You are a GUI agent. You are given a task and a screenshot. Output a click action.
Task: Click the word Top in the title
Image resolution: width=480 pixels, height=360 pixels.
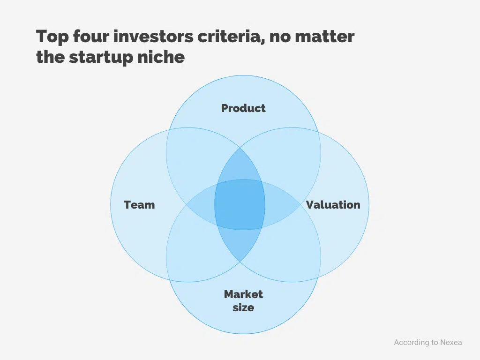coord(52,37)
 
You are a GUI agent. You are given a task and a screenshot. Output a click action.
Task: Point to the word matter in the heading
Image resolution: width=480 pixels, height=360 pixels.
coord(328,37)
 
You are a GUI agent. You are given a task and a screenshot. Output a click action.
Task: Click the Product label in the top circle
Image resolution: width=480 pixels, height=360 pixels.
coord(243,108)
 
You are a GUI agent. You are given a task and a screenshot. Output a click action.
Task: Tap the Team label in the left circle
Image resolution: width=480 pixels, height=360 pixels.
coord(139,205)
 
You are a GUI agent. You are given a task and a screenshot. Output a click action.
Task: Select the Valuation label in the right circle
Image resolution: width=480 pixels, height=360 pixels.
coord(333,205)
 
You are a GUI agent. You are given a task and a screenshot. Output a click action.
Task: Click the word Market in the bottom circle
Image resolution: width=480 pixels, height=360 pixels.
coord(243,294)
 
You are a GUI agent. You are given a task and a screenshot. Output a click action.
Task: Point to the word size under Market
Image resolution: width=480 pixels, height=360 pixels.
coord(243,307)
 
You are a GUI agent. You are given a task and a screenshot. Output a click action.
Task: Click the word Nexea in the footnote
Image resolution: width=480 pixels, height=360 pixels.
coord(450,342)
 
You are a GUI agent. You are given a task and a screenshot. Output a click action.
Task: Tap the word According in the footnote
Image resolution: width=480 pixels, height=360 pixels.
coord(411,342)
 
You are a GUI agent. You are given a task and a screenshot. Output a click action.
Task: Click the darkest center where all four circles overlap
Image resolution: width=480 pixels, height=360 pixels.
coord(240,204)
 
